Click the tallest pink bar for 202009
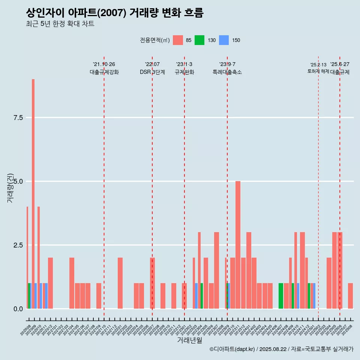33,187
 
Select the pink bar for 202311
238,244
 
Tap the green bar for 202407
280,296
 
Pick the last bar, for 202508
350,296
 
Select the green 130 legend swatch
199,40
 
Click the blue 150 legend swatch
223,40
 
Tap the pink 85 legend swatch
178,40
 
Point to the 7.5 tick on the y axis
18,118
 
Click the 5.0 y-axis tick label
18,181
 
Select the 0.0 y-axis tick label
18,309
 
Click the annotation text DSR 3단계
152,72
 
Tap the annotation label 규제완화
184,72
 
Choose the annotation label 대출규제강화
104,72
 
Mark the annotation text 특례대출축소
227,72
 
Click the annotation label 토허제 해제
318,71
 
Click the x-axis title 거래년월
189,340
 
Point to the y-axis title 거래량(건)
10,187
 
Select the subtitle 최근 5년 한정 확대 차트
60,24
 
